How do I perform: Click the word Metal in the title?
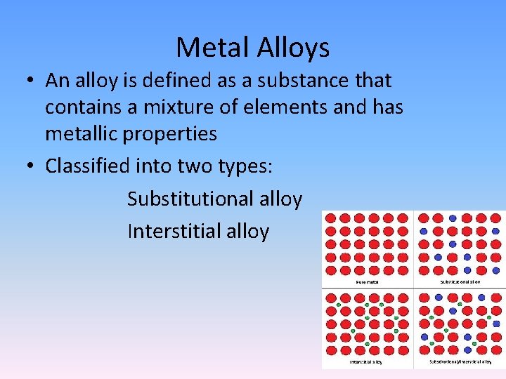click(x=209, y=48)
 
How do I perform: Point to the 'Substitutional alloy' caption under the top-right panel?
click(x=460, y=282)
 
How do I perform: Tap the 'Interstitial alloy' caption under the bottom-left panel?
click(x=366, y=362)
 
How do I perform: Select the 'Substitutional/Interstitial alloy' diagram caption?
click(x=460, y=362)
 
